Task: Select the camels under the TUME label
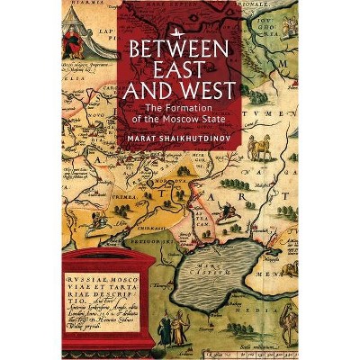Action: pyautogui.click(x=261, y=144)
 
